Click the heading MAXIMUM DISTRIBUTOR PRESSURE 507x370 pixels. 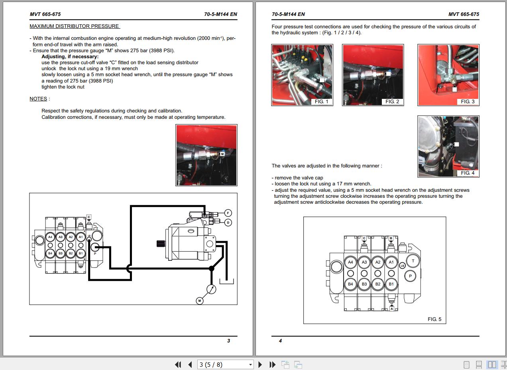point(75,26)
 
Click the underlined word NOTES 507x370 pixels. point(38,99)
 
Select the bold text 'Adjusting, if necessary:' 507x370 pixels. point(70,57)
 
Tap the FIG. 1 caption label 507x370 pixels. point(321,102)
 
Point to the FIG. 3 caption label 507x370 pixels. point(468,102)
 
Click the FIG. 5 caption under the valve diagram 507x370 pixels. point(434,319)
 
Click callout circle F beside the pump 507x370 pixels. point(228,213)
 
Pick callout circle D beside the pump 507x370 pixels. point(228,222)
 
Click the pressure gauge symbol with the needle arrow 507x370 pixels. point(211,289)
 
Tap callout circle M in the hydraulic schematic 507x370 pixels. point(200,301)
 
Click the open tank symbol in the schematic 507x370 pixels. point(226,281)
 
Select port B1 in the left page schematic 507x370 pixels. point(81,253)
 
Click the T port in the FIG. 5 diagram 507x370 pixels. point(413,261)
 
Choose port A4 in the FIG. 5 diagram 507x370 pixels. point(350,262)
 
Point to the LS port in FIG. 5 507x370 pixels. point(402,266)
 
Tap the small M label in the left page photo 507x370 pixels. point(222,154)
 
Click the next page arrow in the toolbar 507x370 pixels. point(260,364)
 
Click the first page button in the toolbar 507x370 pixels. point(178,364)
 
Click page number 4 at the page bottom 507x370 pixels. point(280,341)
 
